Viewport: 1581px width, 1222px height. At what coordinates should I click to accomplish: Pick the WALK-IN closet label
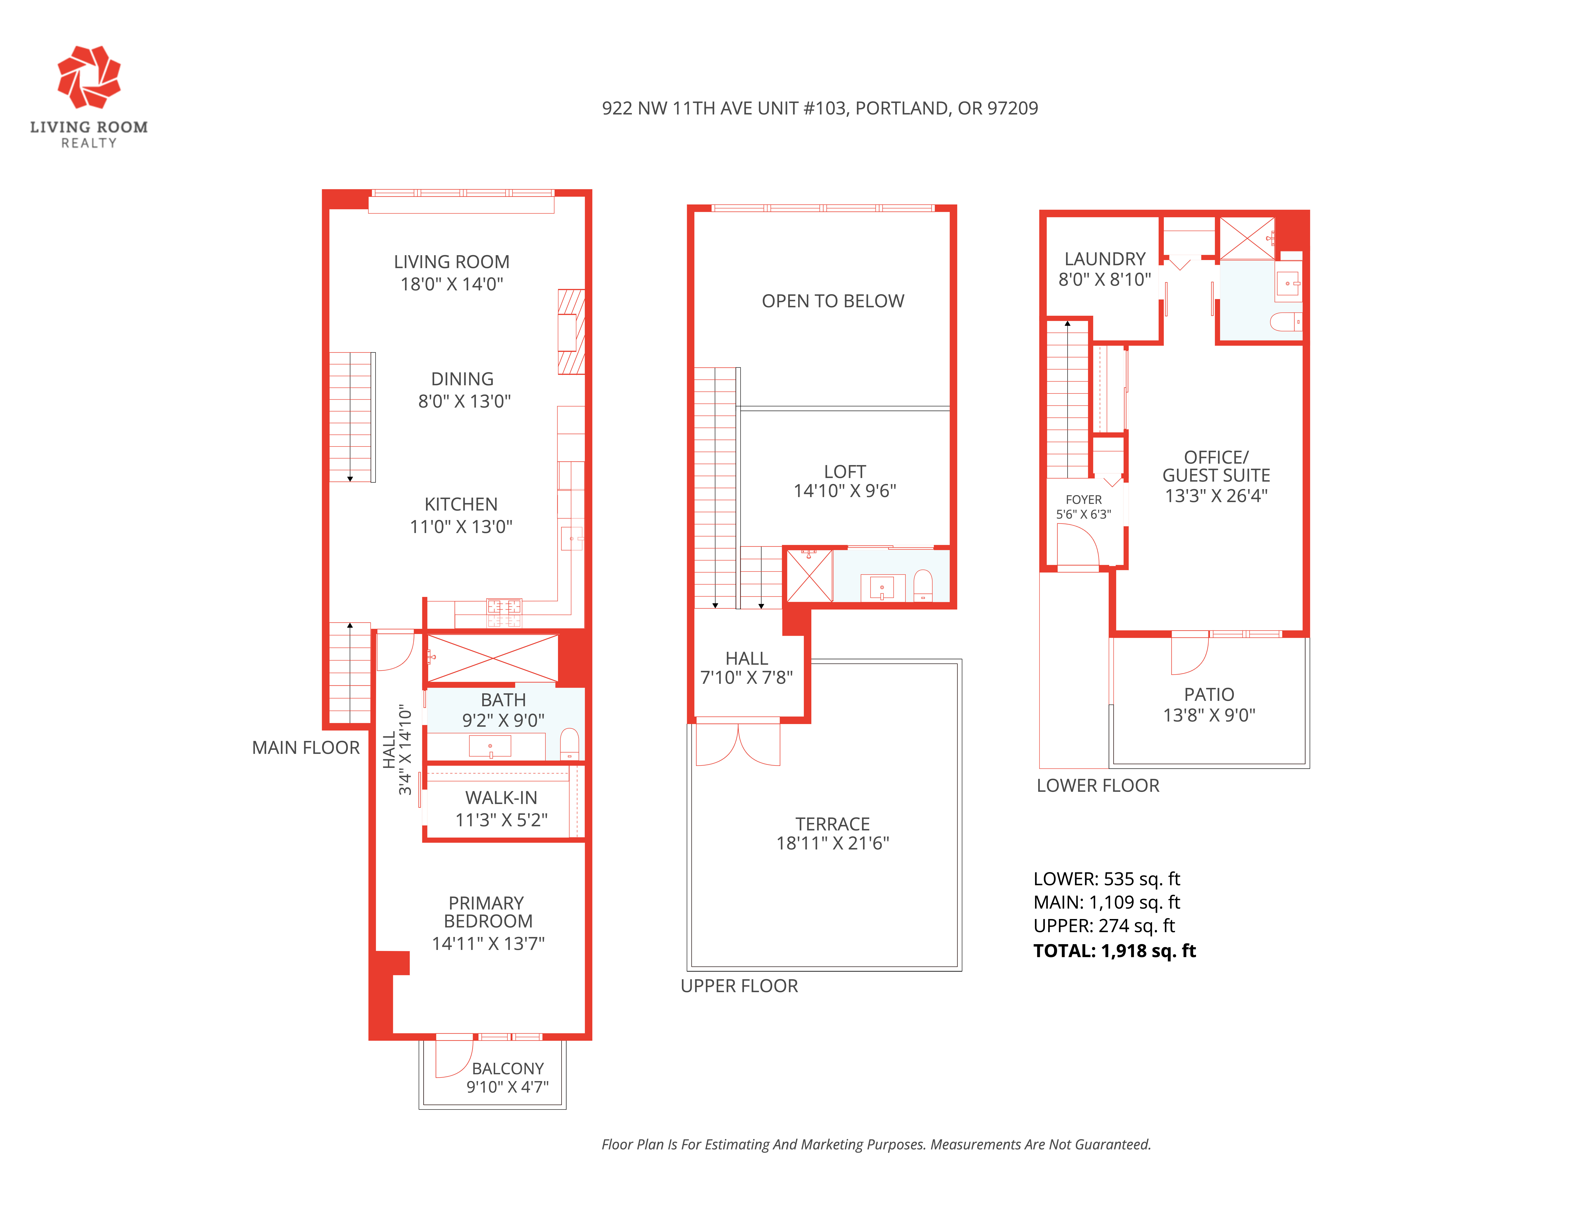[501, 798]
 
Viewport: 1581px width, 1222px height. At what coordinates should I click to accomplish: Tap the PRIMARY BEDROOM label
[487, 912]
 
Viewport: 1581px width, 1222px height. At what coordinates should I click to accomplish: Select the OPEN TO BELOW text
[833, 301]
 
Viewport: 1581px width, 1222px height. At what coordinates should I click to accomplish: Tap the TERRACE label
[833, 824]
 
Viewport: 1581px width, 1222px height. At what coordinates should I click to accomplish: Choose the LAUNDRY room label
[1105, 259]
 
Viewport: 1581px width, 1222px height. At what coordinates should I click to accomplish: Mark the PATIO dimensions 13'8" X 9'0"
[1209, 715]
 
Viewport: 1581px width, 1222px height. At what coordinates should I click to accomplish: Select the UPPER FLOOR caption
[739, 986]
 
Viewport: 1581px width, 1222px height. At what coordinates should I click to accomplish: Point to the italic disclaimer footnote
[876, 1145]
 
